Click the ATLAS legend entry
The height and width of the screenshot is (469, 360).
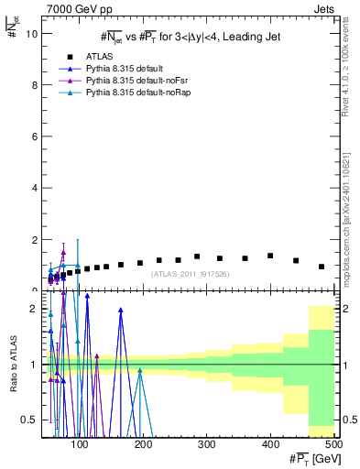112,57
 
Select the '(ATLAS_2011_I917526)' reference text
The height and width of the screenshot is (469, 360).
188,274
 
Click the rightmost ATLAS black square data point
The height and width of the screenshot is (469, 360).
322,267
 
